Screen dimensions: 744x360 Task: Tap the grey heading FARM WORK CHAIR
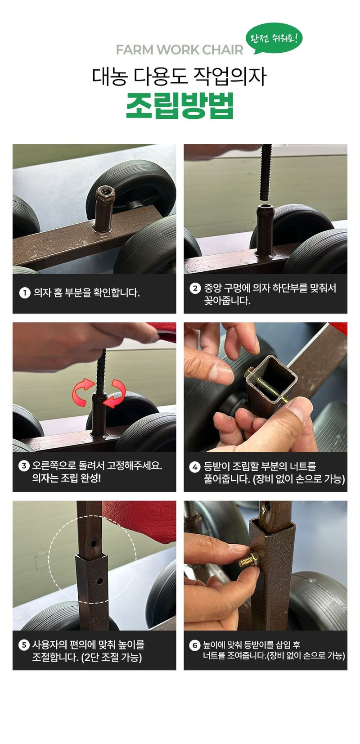tap(179, 50)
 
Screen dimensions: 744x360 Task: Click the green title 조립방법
tap(180, 106)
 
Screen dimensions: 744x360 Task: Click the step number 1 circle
tap(24, 293)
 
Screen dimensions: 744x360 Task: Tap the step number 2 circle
tap(195, 288)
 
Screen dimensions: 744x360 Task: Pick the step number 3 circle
tap(24, 466)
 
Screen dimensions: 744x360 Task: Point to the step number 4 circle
tap(195, 466)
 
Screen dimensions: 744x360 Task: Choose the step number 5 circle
tap(24, 645)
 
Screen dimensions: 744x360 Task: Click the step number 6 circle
tap(195, 645)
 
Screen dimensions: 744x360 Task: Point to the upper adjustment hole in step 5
tap(94, 544)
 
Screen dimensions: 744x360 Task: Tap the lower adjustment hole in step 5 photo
tap(99, 581)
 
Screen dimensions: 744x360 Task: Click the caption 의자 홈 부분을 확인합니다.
tap(86, 293)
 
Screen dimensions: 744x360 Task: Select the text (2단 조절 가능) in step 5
tap(112, 658)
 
